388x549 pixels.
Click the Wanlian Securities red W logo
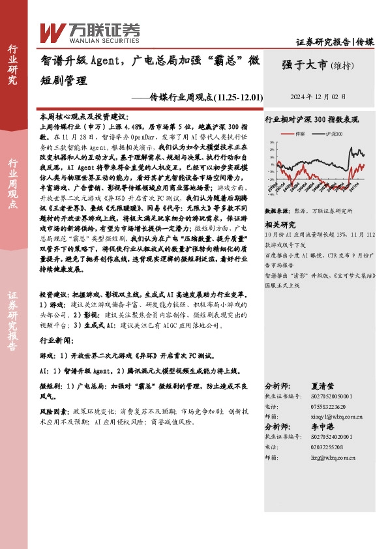tap(52, 32)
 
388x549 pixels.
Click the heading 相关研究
tap(279, 223)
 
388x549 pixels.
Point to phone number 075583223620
tap(323, 405)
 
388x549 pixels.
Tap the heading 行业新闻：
tap(57, 340)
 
